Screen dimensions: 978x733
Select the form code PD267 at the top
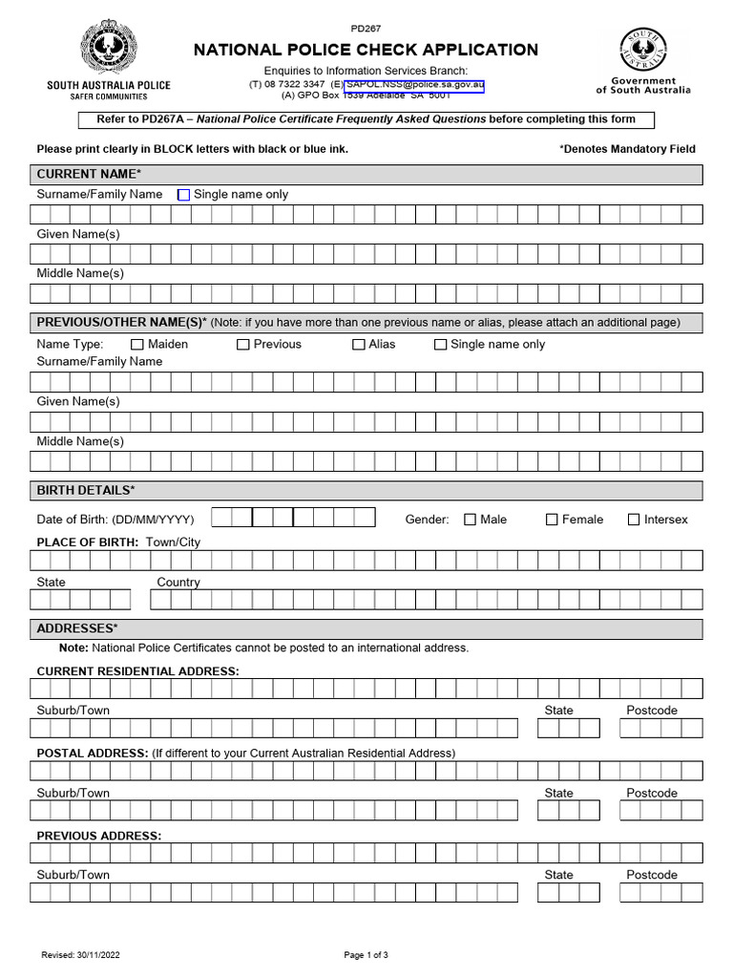click(366, 29)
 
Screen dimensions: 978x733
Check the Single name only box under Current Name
click(184, 195)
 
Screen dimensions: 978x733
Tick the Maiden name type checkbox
click(137, 345)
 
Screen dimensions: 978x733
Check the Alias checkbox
click(359, 345)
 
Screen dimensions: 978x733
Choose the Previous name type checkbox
click(243, 345)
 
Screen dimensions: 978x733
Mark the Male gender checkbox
click(470, 520)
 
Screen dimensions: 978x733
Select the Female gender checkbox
click(552, 520)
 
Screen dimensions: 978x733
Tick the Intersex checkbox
click(634, 520)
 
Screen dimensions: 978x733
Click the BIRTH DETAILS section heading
click(85, 491)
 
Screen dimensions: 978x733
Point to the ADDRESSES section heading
click(76, 628)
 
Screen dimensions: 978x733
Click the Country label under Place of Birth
click(178, 583)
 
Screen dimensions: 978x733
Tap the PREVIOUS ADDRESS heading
click(99, 836)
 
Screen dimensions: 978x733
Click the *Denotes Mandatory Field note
click(627, 149)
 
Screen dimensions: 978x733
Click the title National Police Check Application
click(366, 50)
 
